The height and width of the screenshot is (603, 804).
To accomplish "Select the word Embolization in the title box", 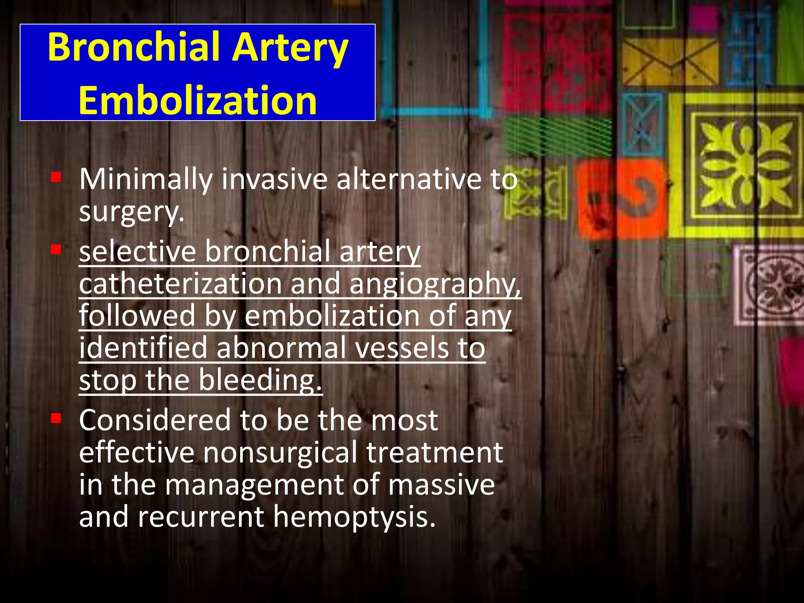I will click(x=197, y=100).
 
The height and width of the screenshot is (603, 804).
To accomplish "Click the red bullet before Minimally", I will click(x=56, y=177).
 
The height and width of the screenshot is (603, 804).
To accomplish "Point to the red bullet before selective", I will click(x=56, y=249).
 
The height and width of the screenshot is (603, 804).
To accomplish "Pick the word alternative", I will click(x=408, y=179).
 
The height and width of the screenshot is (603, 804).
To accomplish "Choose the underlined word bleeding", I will click(x=260, y=381).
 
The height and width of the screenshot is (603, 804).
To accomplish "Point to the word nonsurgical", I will click(x=280, y=453).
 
